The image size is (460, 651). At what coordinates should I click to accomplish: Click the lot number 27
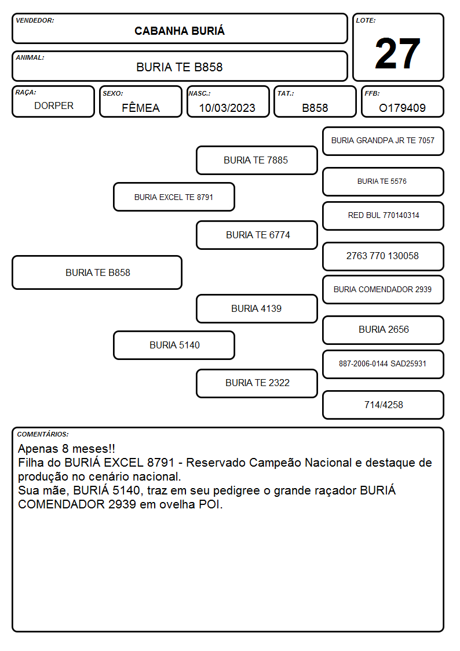(397, 53)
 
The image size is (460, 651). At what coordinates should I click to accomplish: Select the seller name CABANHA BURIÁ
(180, 31)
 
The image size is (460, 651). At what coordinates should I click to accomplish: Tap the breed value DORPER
(54, 106)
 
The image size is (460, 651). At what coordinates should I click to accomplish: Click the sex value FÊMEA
(141, 107)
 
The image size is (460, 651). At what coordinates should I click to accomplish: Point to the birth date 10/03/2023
(227, 108)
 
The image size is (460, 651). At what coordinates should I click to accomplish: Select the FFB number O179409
(402, 108)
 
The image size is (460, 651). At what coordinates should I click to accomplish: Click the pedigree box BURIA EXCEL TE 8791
(174, 197)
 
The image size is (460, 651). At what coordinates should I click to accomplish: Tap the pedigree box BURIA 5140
(174, 345)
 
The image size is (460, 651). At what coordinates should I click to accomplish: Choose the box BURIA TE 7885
(257, 160)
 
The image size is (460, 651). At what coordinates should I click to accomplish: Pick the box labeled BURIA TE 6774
(257, 235)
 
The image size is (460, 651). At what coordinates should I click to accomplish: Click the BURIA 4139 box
(257, 308)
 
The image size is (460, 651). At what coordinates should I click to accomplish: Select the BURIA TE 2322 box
(257, 383)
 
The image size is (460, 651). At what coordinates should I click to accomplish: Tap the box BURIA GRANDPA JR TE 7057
(383, 141)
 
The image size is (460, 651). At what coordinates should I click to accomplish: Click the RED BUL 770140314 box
(383, 216)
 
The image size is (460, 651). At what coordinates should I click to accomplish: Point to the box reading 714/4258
(383, 405)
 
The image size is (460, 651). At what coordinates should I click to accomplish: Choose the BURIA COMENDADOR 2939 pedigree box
(383, 289)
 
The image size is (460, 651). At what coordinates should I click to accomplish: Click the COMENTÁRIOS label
(43, 434)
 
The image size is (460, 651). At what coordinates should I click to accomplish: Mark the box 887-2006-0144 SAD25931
(383, 364)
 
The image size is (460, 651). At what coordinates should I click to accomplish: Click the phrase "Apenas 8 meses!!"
(67, 449)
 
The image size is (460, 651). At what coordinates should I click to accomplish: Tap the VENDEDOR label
(35, 20)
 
